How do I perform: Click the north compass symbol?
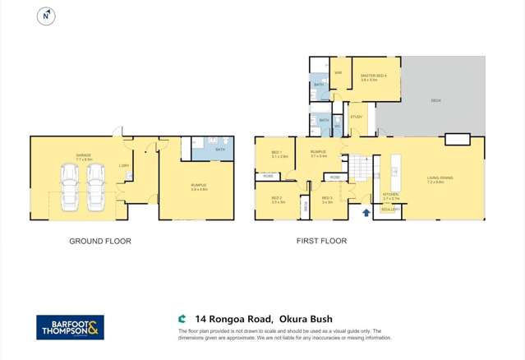click(x=47, y=16)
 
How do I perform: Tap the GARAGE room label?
click(x=84, y=155)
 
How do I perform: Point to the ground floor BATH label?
click(x=219, y=150)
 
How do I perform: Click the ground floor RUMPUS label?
click(x=199, y=186)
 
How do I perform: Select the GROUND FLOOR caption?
click(x=100, y=242)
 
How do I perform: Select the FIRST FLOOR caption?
click(x=321, y=242)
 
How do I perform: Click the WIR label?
click(x=338, y=72)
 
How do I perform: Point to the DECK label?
click(x=435, y=100)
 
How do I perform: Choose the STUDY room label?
click(x=356, y=117)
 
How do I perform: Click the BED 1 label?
click(x=277, y=153)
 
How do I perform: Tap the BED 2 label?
click(x=277, y=199)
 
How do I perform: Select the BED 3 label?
click(x=327, y=199)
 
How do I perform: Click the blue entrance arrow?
click(x=366, y=212)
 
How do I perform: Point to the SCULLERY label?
click(x=391, y=209)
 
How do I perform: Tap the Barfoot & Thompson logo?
click(x=70, y=327)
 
